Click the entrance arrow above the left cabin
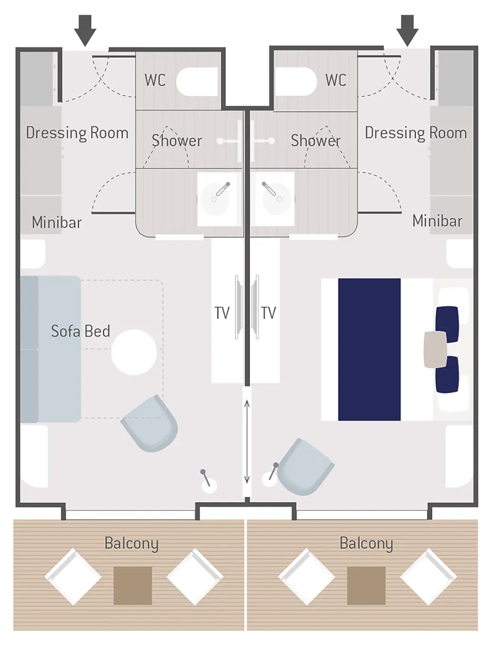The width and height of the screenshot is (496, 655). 85,31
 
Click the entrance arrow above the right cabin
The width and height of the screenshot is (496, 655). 407,31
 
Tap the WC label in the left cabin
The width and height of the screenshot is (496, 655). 155,80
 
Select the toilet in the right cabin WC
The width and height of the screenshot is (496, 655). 295,82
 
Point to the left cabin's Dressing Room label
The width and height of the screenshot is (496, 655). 77,133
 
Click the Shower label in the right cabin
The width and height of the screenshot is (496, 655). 316,140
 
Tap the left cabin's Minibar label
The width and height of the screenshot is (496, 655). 57,222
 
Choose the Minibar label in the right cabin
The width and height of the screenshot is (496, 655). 437,221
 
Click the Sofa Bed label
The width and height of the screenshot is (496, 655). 81,331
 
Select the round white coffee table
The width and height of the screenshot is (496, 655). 134,352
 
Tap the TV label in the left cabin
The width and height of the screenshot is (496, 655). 222,313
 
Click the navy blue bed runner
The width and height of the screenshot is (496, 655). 370,349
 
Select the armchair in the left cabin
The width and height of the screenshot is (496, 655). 150,424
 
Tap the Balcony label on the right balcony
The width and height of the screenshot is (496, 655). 366,543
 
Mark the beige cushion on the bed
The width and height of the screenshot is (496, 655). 435,349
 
